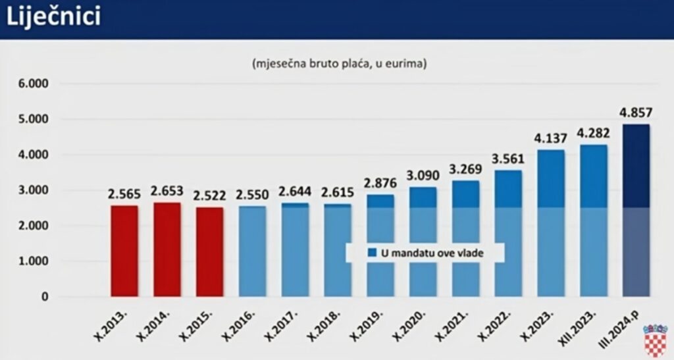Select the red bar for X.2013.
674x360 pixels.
(124, 251)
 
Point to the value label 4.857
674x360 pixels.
(636, 111)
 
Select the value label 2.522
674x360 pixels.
(209, 195)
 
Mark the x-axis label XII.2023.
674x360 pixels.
(583, 325)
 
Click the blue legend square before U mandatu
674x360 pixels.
(372, 252)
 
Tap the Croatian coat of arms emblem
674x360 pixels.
(655, 340)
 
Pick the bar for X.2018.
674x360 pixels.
(338, 250)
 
